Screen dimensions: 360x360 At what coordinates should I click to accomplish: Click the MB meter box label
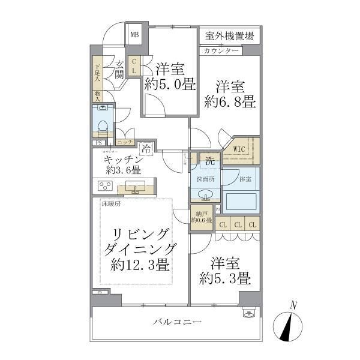[135, 35]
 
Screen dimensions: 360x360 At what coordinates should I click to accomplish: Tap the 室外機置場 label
[228, 35]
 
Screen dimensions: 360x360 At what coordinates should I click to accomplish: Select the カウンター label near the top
[221, 50]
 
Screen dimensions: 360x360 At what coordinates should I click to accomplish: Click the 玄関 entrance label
[120, 70]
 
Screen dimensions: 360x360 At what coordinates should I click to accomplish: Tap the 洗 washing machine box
[210, 160]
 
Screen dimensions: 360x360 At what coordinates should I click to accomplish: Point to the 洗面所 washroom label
[202, 179]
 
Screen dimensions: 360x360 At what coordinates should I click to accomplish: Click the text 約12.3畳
[139, 265]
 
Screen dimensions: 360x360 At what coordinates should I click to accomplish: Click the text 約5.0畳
[169, 85]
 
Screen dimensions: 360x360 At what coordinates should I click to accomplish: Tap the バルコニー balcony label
[176, 322]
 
